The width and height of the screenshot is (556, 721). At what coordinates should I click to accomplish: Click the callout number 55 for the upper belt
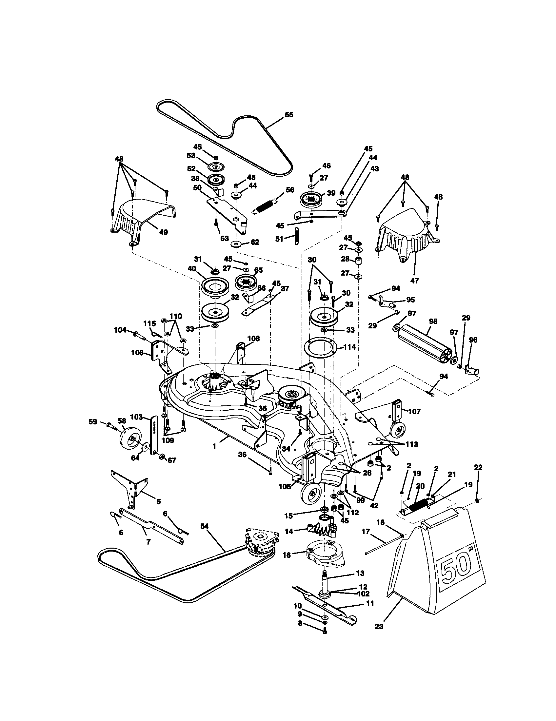pos(289,115)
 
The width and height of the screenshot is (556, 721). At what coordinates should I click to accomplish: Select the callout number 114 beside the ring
pos(349,347)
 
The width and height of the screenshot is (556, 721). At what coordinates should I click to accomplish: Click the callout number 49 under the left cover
pos(163,232)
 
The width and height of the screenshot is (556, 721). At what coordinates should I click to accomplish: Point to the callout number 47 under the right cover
pos(414,281)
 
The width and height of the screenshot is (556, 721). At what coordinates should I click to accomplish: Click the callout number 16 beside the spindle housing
pos(287,555)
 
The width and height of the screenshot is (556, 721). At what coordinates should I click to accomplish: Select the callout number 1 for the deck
pos(214,446)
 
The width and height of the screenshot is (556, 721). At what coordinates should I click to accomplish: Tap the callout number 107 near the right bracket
pos(414,412)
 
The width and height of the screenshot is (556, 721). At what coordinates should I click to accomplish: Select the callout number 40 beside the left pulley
pos(192,268)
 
